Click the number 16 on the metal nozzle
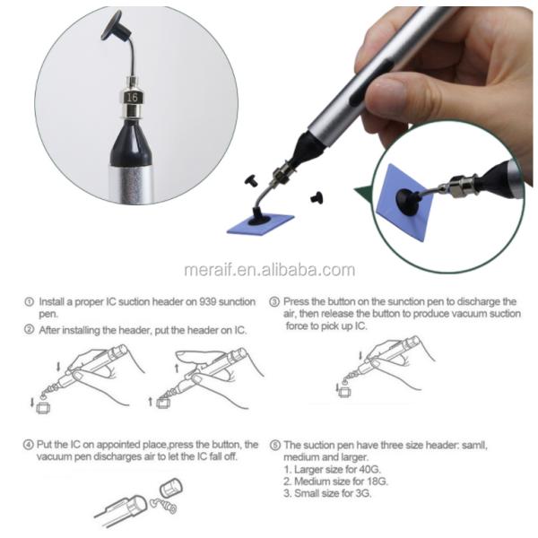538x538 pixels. point(132,98)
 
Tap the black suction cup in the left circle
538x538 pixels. point(116,27)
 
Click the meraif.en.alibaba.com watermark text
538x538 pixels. point(269,270)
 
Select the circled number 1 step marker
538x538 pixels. point(30,301)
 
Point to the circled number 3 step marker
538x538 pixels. point(273,302)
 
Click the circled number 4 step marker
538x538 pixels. point(28,445)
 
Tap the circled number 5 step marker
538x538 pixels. point(275,445)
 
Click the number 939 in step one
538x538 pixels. point(208,301)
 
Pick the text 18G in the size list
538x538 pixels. point(377,482)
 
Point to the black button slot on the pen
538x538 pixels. point(371,81)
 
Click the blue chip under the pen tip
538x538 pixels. point(261,224)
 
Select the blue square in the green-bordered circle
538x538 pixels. point(405,203)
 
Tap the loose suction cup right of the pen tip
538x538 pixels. point(317,197)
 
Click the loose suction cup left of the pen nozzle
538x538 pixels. point(251,180)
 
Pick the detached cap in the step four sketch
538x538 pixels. point(171,488)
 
